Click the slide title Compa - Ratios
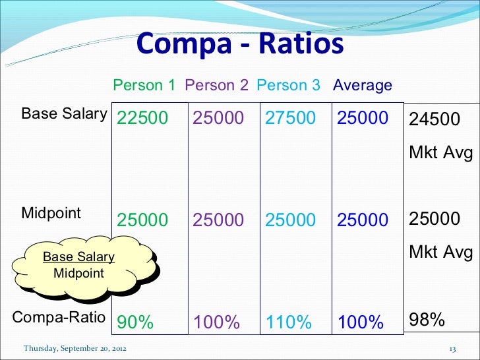tap(240, 45)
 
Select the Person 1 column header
tap(144, 85)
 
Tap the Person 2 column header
tap(217, 85)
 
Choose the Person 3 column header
tap(288, 85)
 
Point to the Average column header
tap(363, 85)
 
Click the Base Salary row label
tap(64, 113)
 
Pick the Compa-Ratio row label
tap(59, 317)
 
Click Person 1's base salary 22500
tap(142, 118)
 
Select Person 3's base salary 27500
tap(290, 118)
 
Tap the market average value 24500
tap(435, 119)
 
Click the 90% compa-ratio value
tap(135, 322)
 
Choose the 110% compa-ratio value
tap(288, 322)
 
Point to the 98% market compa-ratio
tap(427, 320)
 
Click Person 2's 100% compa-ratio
tap(216, 322)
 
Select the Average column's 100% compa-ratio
tap(360, 322)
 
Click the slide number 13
tap(452, 348)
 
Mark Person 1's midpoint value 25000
tap(142, 220)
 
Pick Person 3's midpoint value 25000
tap(290, 220)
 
